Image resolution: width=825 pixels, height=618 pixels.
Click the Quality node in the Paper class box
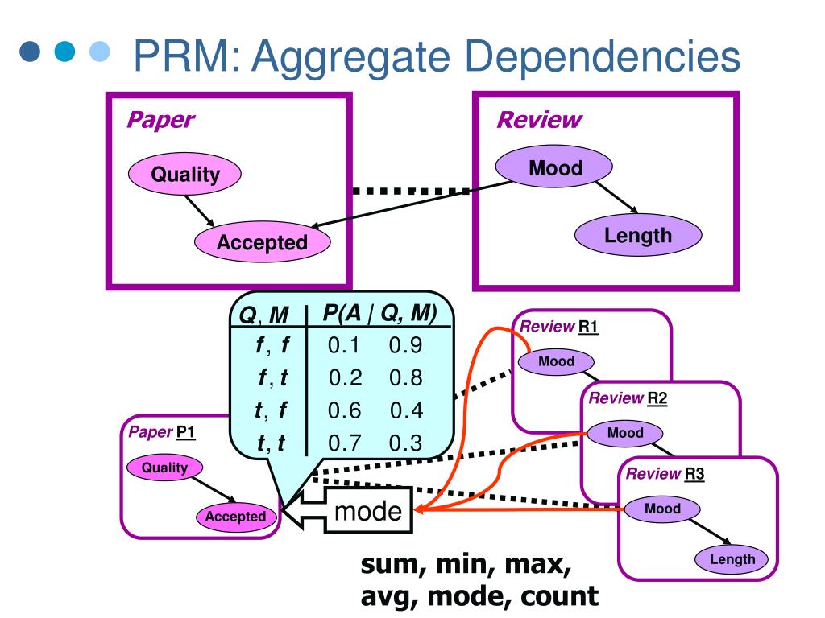[184, 174]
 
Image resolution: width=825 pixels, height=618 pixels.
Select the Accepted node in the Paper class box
[263, 242]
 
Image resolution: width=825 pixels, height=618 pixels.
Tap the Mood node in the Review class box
[554, 167]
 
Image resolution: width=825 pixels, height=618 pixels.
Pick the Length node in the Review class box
[638, 235]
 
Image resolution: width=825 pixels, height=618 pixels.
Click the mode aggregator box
[367, 510]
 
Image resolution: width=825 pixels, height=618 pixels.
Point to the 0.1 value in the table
[343, 345]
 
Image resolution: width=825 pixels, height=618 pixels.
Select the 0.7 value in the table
[345, 443]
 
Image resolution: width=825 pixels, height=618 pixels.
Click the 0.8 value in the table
[406, 378]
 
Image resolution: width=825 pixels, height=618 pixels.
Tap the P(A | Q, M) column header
[379, 313]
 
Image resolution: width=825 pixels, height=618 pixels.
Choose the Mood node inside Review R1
[556, 361]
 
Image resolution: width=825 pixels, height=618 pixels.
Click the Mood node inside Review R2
[625, 433]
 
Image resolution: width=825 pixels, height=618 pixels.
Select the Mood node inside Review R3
[662, 509]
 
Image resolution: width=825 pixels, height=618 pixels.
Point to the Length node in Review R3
[732, 559]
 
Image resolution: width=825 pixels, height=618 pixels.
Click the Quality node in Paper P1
[164, 468]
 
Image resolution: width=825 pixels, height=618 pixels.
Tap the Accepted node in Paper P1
[236, 517]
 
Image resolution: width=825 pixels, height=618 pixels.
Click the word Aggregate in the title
[351, 57]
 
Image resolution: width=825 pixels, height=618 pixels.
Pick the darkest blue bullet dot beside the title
[30, 51]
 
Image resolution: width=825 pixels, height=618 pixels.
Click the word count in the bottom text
[559, 596]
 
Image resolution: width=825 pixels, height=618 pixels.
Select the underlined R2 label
[657, 398]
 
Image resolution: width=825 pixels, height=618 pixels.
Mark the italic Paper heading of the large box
[161, 121]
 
